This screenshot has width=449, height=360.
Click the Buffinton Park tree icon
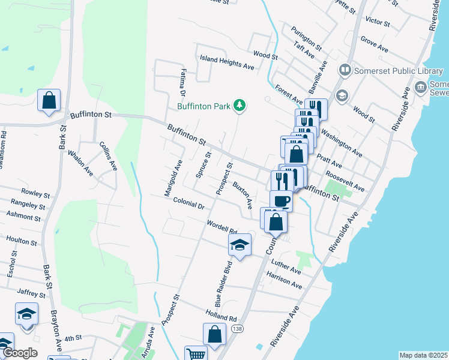coord(240,106)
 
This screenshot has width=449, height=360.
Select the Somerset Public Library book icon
coord(345,71)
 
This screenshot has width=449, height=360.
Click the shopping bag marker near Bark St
coord(49,101)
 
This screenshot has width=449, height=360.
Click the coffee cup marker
coord(280,200)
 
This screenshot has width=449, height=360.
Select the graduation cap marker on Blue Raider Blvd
coord(239,245)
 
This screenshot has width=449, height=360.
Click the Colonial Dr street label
coord(189,203)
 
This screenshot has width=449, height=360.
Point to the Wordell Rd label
coord(221,227)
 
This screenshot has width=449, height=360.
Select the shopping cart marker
coord(196,355)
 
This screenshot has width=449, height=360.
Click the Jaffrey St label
coord(31,293)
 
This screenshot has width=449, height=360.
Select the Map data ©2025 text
coord(423,355)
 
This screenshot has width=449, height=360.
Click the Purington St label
coord(307,38)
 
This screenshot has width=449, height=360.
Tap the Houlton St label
coord(22,241)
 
